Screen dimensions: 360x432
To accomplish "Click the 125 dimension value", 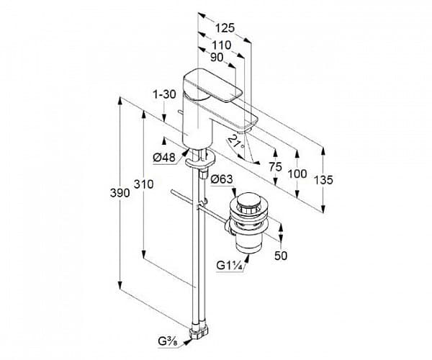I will [x=225, y=28].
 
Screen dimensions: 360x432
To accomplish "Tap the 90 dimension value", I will [x=217, y=58].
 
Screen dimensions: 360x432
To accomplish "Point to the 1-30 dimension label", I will [x=164, y=94].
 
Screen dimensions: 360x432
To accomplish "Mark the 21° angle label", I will [x=235, y=140].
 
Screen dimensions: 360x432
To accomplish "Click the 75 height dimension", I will [x=275, y=167].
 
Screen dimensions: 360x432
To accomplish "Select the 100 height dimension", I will [x=297, y=174].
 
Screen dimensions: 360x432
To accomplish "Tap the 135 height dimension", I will [x=324, y=180].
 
